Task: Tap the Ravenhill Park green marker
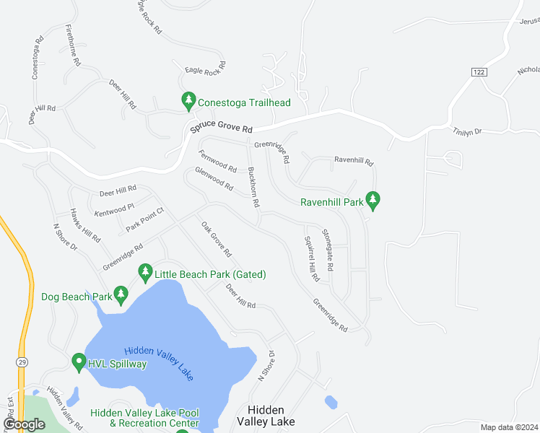click(x=373, y=198)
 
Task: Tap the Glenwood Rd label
click(x=214, y=180)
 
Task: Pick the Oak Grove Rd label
click(x=216, y=240)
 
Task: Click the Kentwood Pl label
click(x=115, y=209)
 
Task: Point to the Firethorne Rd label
click(x=72, y=45)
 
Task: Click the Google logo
click(x=25, y=424)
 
